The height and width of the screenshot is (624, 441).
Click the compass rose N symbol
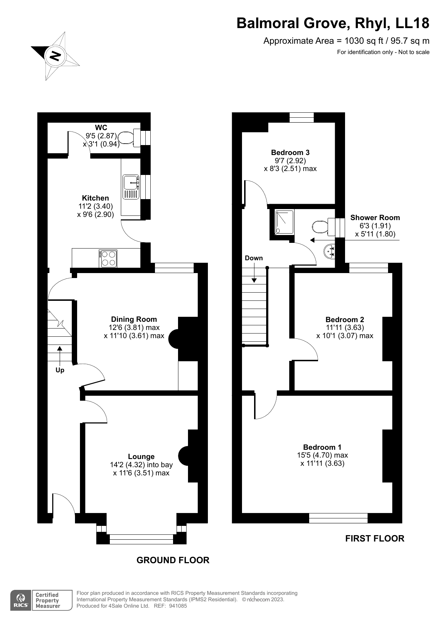coord(55,56)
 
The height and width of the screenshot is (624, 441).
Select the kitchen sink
coord(130,187)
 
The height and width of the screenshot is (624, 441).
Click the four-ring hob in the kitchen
coord(108,258)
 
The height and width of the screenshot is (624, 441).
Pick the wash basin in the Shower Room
coord(329,251)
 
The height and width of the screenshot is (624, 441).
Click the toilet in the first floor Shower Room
coord(325,226)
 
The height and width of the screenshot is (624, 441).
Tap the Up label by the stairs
coord(60,370)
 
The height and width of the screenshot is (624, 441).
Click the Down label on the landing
coord(254,258)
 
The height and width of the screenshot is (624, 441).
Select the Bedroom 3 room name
coord(290,153)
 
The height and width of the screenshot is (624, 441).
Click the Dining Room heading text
coord(134,319)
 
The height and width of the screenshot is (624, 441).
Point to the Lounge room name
coord(141,457)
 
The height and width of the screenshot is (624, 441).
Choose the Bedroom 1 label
coord(322,447)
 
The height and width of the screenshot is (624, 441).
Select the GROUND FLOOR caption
coord(173,560)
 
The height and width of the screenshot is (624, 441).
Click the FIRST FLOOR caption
coord(375,538)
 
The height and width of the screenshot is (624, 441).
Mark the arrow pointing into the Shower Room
coord(355,240)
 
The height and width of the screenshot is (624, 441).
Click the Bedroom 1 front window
coord(338,518)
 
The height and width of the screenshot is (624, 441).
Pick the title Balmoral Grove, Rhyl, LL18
coord(333,23)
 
